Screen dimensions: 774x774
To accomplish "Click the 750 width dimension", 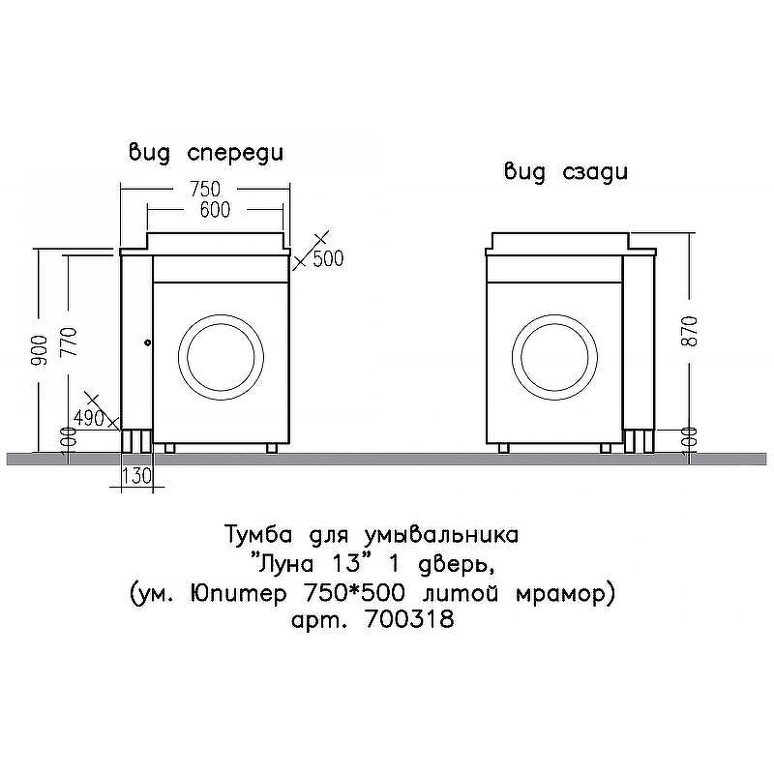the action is pos(205,189).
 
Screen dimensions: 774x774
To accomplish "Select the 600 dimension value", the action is pos(215,210).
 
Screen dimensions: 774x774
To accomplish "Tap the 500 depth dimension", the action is pos(328,258).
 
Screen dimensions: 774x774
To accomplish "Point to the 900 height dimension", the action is pos(40,350).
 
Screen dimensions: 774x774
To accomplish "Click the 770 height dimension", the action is pos(69,342).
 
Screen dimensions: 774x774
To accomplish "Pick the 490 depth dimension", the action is pos(89,419).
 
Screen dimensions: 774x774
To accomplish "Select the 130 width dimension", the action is pos(136,476).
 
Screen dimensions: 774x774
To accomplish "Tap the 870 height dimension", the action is pos(689,331).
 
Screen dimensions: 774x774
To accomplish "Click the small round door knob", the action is pos(148,342).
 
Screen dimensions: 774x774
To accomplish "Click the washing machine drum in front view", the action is pos(221,356).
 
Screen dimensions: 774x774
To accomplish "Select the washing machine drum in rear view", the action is pos(554,357).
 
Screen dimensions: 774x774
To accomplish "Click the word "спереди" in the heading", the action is pos(235,154).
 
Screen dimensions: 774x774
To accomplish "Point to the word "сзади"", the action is pos(595,172).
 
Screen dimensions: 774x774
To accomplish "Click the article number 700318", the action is pos(408,619).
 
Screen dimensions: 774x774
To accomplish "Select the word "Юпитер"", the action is pos(238,593).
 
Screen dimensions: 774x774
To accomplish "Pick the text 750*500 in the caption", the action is pos(355,592).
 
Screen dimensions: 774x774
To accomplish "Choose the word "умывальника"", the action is pos(441,535).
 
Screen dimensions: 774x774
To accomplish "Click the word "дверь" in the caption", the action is pos(455,565).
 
